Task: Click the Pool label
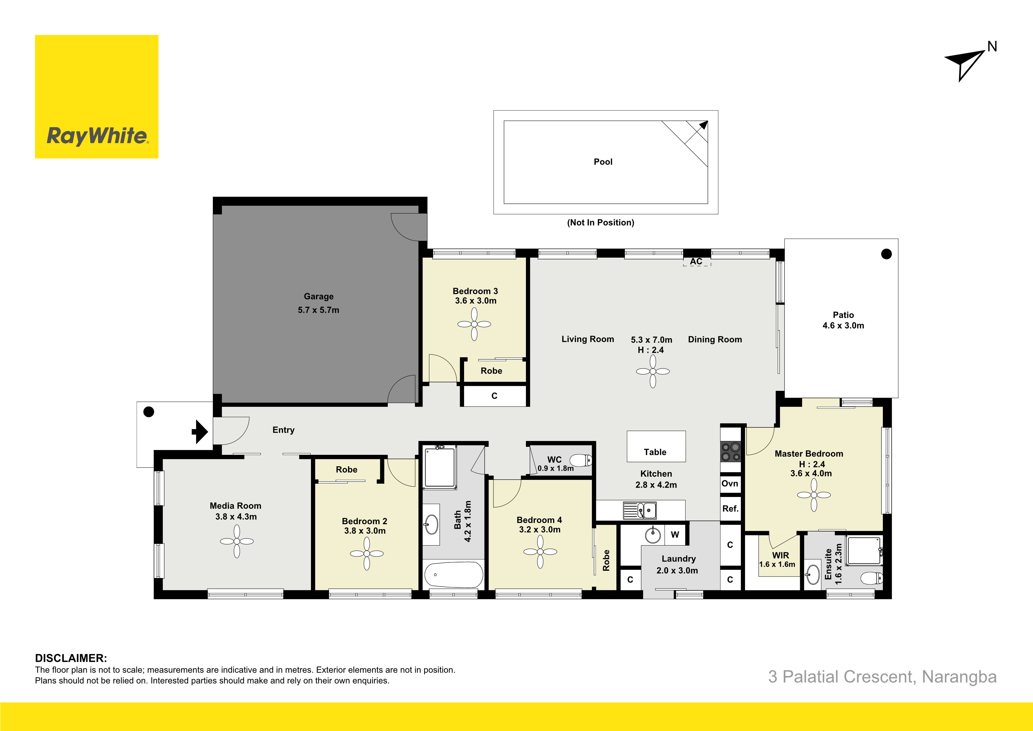point(603,162)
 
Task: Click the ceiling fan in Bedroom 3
point(474,324)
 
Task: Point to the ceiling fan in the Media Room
point(237,541)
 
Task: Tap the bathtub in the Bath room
point(453,575)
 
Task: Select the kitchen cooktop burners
point(731,452)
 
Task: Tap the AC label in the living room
point(696,261)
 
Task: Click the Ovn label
point(730,483)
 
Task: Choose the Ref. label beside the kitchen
point(730,508)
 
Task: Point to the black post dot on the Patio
point(886,254)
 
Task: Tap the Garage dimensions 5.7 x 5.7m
point(319,310)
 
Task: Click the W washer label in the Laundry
point(675,535)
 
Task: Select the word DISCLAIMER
point(71,658)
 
